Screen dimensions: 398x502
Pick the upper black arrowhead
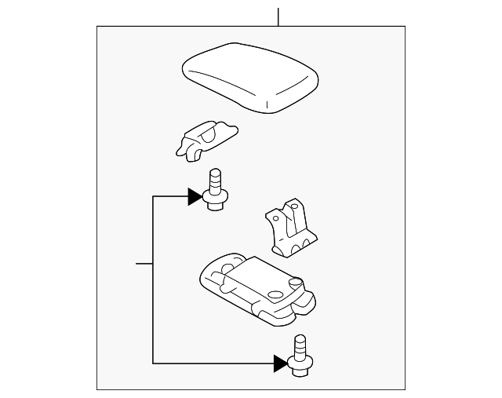[195, 196]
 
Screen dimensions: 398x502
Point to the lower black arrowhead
[280, 363]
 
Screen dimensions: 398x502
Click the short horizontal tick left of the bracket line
[144, 263]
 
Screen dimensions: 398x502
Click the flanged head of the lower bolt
[299, 363]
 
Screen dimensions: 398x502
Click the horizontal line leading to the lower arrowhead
[212, 363]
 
